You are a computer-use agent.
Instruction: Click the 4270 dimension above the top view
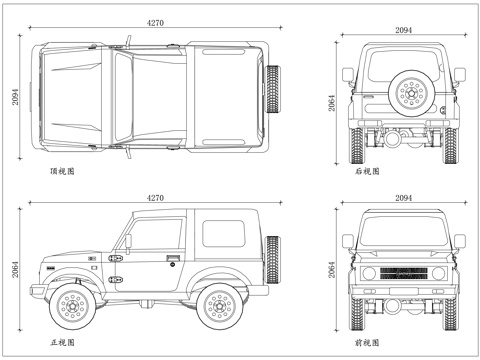pos(155,21)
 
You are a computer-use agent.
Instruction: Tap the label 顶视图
pos(62,172)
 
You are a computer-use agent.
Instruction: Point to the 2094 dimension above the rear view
pos(404,31)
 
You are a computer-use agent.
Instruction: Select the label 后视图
pos(369,172)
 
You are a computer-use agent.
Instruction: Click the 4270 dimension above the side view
pos(155,199)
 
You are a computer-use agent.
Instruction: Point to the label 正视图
pos(62,343)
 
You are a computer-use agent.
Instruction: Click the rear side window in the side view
pos(225,232)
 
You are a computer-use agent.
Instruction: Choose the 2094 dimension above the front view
pos(404,199)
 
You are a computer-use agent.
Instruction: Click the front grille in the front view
pos(404,274)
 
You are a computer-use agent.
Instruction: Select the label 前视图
pos(369,343)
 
